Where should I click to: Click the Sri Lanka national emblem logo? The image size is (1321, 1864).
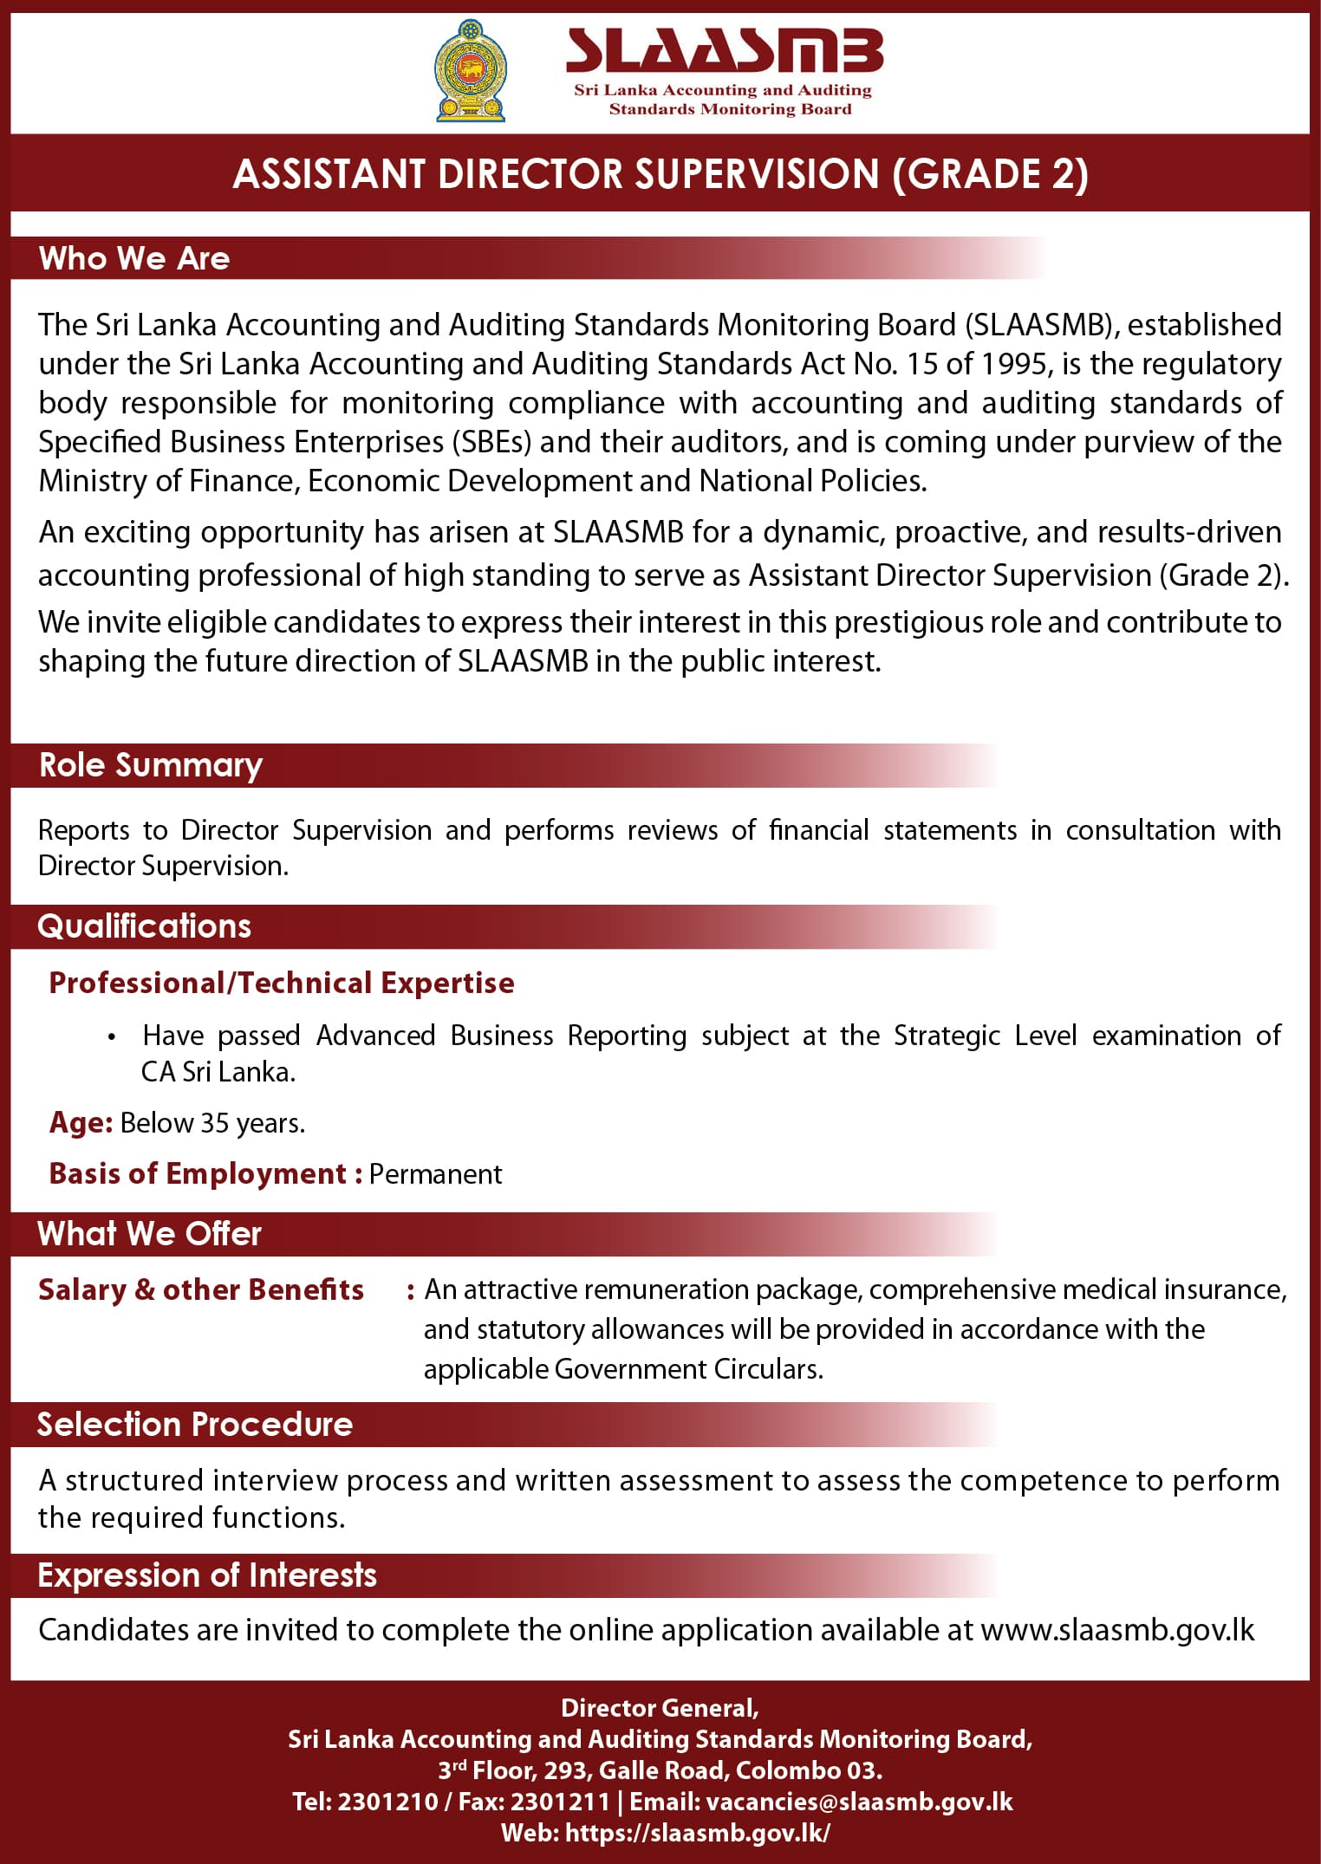coord(470,71)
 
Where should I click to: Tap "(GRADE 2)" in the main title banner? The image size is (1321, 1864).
coord(990,174)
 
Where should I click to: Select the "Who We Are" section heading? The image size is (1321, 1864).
coord(134,258)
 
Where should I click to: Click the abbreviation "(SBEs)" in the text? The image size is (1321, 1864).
coord(491,442)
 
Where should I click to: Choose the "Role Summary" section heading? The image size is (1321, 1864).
coord(151,765)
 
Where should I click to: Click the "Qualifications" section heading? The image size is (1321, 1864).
coord(144,926)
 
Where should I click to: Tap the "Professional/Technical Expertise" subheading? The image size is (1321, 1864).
coord(282,983)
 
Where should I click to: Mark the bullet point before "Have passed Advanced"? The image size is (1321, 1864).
coord(112,1037)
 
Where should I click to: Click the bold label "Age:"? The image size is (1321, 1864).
coord(81,1123)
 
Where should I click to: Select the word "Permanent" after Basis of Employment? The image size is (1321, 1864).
coord(435,1174)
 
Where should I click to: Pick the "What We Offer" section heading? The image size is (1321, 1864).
coord(149,1234)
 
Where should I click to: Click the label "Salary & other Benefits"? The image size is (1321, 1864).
coord(201,1289)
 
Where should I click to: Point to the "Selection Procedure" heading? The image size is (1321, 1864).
coord(195,1425)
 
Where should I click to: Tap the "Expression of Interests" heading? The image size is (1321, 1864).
coord(207,1575)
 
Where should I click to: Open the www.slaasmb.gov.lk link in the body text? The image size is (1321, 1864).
coord(1117,1630)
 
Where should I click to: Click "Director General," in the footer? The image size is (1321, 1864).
coord(660,1708)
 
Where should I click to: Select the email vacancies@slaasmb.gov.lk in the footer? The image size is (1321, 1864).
coord(859,1802)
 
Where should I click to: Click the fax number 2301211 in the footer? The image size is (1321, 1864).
coord(560,1802)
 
